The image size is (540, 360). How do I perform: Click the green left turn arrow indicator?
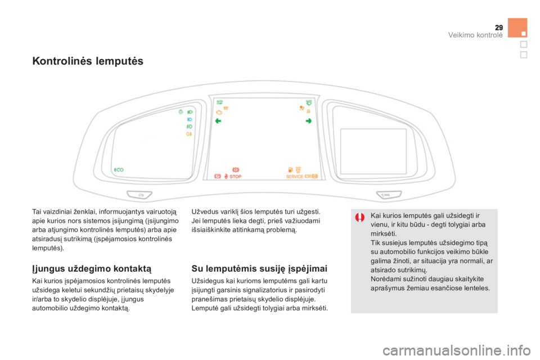[218, 121]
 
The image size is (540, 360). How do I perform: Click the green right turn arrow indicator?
[309, 121]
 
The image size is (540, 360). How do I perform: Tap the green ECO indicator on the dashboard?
[119, 170]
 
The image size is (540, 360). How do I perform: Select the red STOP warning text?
[236, 177]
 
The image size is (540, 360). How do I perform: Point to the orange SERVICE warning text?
[294, 177]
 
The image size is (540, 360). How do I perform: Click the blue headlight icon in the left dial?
[190, 120]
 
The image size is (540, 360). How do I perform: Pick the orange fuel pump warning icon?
[291, 169]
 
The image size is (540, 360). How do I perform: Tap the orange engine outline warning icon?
[219, 112]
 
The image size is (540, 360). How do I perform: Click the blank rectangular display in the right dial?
[373, 151]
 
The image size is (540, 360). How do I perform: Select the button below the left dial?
[139, 195]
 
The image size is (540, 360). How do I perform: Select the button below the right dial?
[389, 195]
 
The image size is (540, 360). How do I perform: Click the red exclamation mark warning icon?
[360, 217]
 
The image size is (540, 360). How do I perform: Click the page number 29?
[499, 28]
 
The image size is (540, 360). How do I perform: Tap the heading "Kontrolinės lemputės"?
[88, 61]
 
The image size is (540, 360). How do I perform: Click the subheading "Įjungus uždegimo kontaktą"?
[92, 268]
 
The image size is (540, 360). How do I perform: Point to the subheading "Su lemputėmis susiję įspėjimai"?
[259, 268]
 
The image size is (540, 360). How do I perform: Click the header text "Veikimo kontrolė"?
[475, 35]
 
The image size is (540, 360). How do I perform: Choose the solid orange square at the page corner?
[517, 28]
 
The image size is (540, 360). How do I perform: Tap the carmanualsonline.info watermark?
[457, 350]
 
